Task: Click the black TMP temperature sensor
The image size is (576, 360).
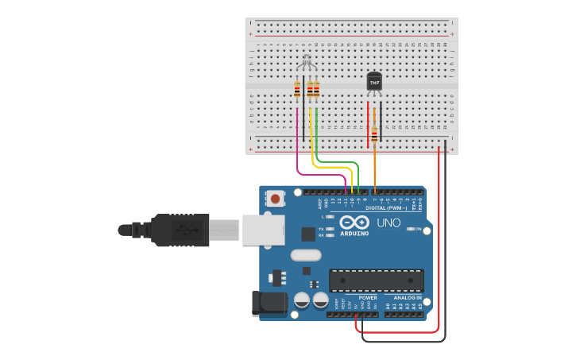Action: point(374,82)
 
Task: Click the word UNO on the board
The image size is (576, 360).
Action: point(389,223)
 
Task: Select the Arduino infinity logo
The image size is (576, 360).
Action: point(354,223)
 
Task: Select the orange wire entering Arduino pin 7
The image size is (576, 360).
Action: point(374,171)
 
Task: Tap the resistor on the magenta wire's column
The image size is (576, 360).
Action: point(297,90)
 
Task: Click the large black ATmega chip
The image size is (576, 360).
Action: point(376,281)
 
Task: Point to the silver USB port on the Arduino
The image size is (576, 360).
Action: point(262,230)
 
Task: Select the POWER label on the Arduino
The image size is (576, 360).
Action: point(367,297)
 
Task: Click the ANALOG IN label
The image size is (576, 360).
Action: point(408,297)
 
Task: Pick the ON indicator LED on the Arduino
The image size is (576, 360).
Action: point(410,229)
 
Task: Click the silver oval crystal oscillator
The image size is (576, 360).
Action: point(306,255)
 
